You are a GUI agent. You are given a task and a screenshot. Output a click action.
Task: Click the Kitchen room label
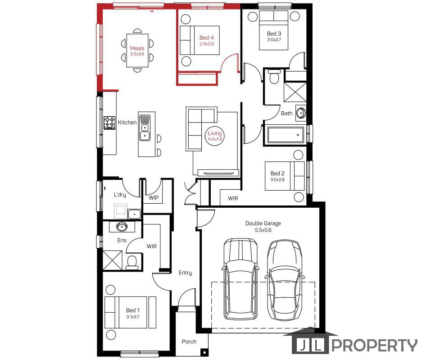(x=127, y=123)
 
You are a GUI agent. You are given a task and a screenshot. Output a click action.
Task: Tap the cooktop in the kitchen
(x=109, y=123)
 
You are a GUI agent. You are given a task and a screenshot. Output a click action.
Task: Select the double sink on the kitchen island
(x=145, y=128)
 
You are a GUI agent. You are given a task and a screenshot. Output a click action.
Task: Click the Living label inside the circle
(x=214, y=133)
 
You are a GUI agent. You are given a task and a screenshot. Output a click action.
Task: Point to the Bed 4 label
(x=206, y=38)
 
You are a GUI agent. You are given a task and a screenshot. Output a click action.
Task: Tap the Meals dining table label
(x=137, y=48)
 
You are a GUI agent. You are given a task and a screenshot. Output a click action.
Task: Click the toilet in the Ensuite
(x=132, y=263)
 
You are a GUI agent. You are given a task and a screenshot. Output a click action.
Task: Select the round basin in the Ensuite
(x=122, y=227)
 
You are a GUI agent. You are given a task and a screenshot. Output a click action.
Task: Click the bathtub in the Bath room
(x=286, y=135)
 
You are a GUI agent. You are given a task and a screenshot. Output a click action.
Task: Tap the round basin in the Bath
(x=300, y=113)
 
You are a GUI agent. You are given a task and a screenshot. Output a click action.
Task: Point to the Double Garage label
(x=263, y=223)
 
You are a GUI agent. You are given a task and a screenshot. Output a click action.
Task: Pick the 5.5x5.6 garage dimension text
(x=263, y=230)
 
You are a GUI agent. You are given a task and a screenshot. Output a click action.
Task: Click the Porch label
(x=189, y=342)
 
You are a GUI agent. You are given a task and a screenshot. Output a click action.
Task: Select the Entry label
(x=185, y=273)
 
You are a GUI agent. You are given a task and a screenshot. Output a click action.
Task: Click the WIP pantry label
(x=154, y=198)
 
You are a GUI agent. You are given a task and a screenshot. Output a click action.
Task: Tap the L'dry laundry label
(x=120, y=194)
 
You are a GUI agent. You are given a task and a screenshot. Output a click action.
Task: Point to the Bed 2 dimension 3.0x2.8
(x=277, y=180)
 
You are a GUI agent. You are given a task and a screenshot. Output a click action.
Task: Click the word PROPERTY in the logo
(x=374, y=345)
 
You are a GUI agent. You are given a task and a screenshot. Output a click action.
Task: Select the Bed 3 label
(x=274, y=34)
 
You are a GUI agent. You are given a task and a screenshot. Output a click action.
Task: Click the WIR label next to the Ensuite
(x=151, y=246)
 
